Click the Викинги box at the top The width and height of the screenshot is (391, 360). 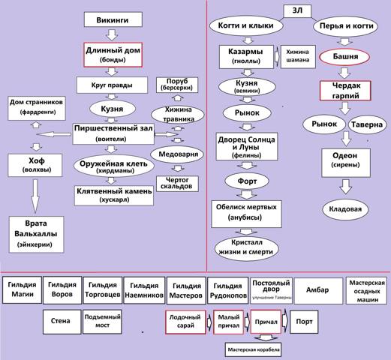[x=113, y=19]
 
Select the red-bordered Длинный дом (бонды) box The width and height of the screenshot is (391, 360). [x=113, y=55]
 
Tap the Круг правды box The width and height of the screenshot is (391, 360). [x=112, y=85]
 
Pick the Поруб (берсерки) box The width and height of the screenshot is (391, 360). [x=177, y=85]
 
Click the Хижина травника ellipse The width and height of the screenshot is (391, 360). [x=178, y=115]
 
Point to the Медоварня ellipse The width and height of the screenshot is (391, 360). [x=177, y=154]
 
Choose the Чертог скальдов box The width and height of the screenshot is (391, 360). [x=177, y=184]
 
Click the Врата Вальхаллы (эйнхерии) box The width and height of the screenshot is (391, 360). [x=37, y=235]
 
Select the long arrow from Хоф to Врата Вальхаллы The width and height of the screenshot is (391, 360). [x=35, y=196]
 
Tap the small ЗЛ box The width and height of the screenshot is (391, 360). [x=297, y=11]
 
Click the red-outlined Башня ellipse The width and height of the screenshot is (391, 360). [x=344, y=57]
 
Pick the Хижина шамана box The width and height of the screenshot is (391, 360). [x=298, y=56]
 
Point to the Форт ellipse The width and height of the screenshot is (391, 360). [x=247, y=181]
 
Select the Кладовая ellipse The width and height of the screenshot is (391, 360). [x=345, y=209]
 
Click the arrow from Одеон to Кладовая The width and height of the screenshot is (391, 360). [x=346, y=187]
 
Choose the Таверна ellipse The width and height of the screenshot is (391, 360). [x=367, y=124]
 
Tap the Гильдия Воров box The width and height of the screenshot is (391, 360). [x=62, y=289]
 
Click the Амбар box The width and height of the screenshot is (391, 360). [x=318, y=290]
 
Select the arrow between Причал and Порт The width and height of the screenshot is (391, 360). [x=285, y=321]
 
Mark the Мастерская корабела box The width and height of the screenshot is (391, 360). [x=253, y=349]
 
